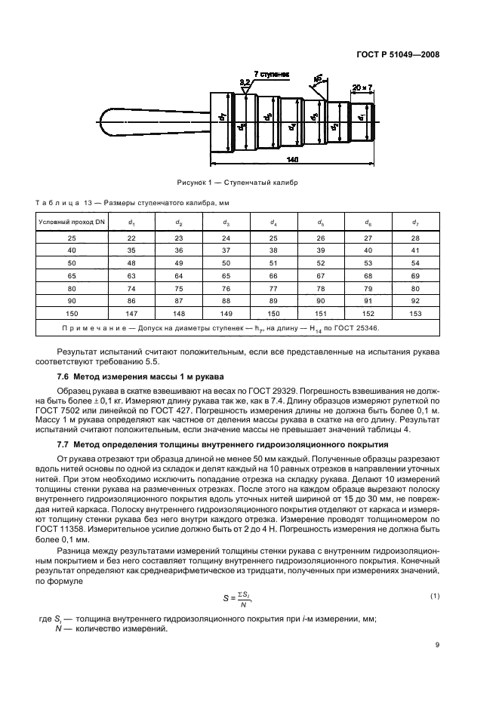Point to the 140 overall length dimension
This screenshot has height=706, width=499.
[293, 160]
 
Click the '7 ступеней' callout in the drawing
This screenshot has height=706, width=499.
[272, 75]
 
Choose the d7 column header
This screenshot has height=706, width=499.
[414, 222]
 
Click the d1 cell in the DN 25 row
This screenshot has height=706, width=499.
[131, 238]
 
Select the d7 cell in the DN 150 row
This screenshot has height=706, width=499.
[414, 313]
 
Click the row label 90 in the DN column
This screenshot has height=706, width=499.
[72, 300]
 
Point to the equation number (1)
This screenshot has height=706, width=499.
[434, 596]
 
